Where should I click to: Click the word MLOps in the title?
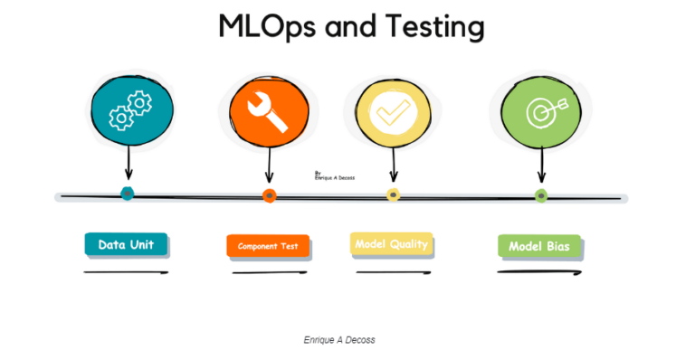coord(268,26)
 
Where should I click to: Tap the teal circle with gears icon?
coord(129,109)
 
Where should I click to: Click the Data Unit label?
coord(126,244)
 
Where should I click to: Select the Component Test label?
coord(268,246)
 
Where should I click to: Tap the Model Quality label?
coord(391,244)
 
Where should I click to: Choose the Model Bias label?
coord(539,246)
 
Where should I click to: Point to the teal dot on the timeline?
coord(128,194)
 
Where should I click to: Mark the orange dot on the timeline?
coord(269,195)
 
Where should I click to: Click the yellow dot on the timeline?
coord(393,194)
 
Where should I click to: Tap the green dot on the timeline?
coord(541,195)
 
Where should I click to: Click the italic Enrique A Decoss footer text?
coord(339,340)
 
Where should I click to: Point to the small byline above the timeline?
coord(334,175)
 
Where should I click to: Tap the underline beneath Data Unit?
coord(126,271)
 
